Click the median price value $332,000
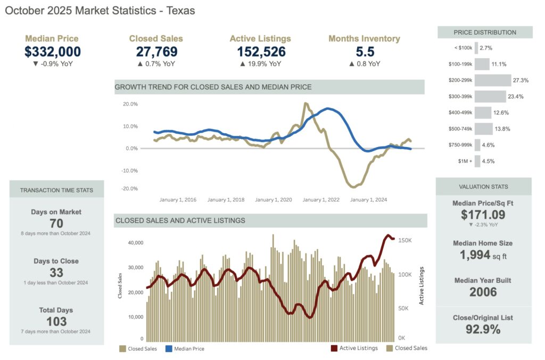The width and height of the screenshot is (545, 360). click(53, 52)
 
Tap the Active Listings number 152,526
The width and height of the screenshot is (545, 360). click(261, 52)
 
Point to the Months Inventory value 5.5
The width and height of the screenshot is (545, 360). click(364, 52)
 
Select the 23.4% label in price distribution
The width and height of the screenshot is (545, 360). click(515, 96)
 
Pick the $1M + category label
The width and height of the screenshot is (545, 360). click(464, 161)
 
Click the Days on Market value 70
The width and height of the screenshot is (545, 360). click(56, 224)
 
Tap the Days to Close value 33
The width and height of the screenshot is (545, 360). click(56, 273)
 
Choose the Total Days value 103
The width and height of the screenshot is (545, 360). click(56, 321)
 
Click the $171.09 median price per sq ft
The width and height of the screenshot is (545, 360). click(483, 215)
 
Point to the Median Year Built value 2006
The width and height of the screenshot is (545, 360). click(483, 292)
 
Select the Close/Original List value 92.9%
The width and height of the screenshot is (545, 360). click(483, 329)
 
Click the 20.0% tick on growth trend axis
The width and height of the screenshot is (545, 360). click(130, 104)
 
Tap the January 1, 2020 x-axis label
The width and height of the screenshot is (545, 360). click(273, 200)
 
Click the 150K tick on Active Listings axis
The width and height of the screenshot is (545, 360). click(406, 241)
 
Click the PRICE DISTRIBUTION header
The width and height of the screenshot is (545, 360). click(485, 32)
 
